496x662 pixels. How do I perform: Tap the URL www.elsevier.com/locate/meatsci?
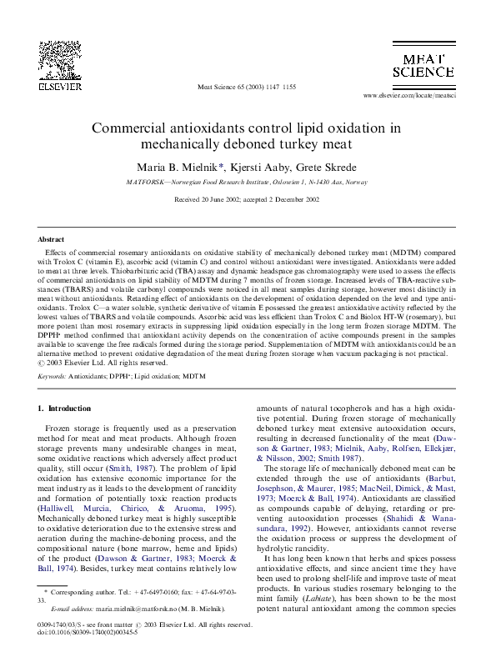click(417, 95)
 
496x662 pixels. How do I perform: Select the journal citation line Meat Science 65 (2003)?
click(246, 86)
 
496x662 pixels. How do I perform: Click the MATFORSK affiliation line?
click(246, 181)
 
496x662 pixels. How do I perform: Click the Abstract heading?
click(51, 239)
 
